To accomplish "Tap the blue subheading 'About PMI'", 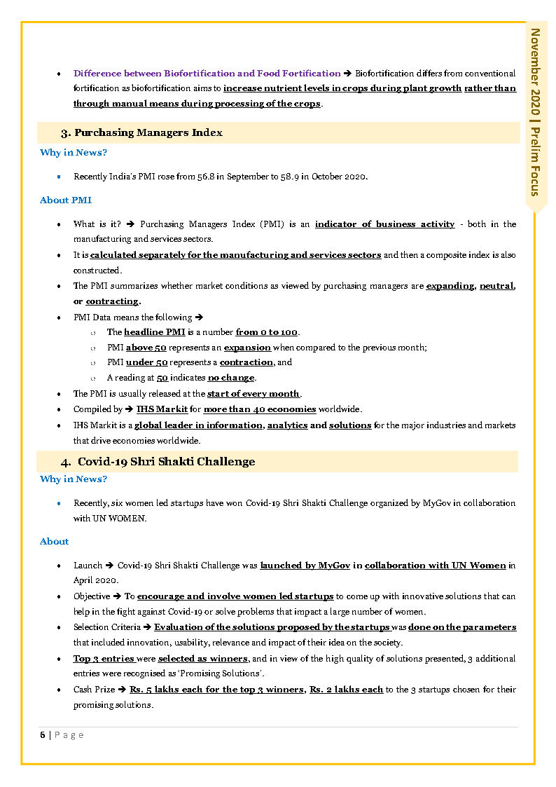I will coord(66,200).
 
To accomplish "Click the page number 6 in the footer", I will coord(43,735).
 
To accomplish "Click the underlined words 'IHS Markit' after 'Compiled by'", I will coord(162,409).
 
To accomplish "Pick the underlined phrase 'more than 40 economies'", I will coord(260,409).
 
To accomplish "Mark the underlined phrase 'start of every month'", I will coord(253,394).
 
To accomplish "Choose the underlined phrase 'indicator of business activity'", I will coord(384,224).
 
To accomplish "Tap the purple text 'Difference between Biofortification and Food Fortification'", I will coord(207,74).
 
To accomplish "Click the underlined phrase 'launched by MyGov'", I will coord(305,566).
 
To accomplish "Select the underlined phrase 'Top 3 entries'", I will coord(104,659).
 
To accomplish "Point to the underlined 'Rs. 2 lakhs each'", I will coord(347,690).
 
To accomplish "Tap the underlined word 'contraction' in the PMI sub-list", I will coord(246,363).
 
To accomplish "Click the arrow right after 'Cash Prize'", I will coord(123,690).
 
